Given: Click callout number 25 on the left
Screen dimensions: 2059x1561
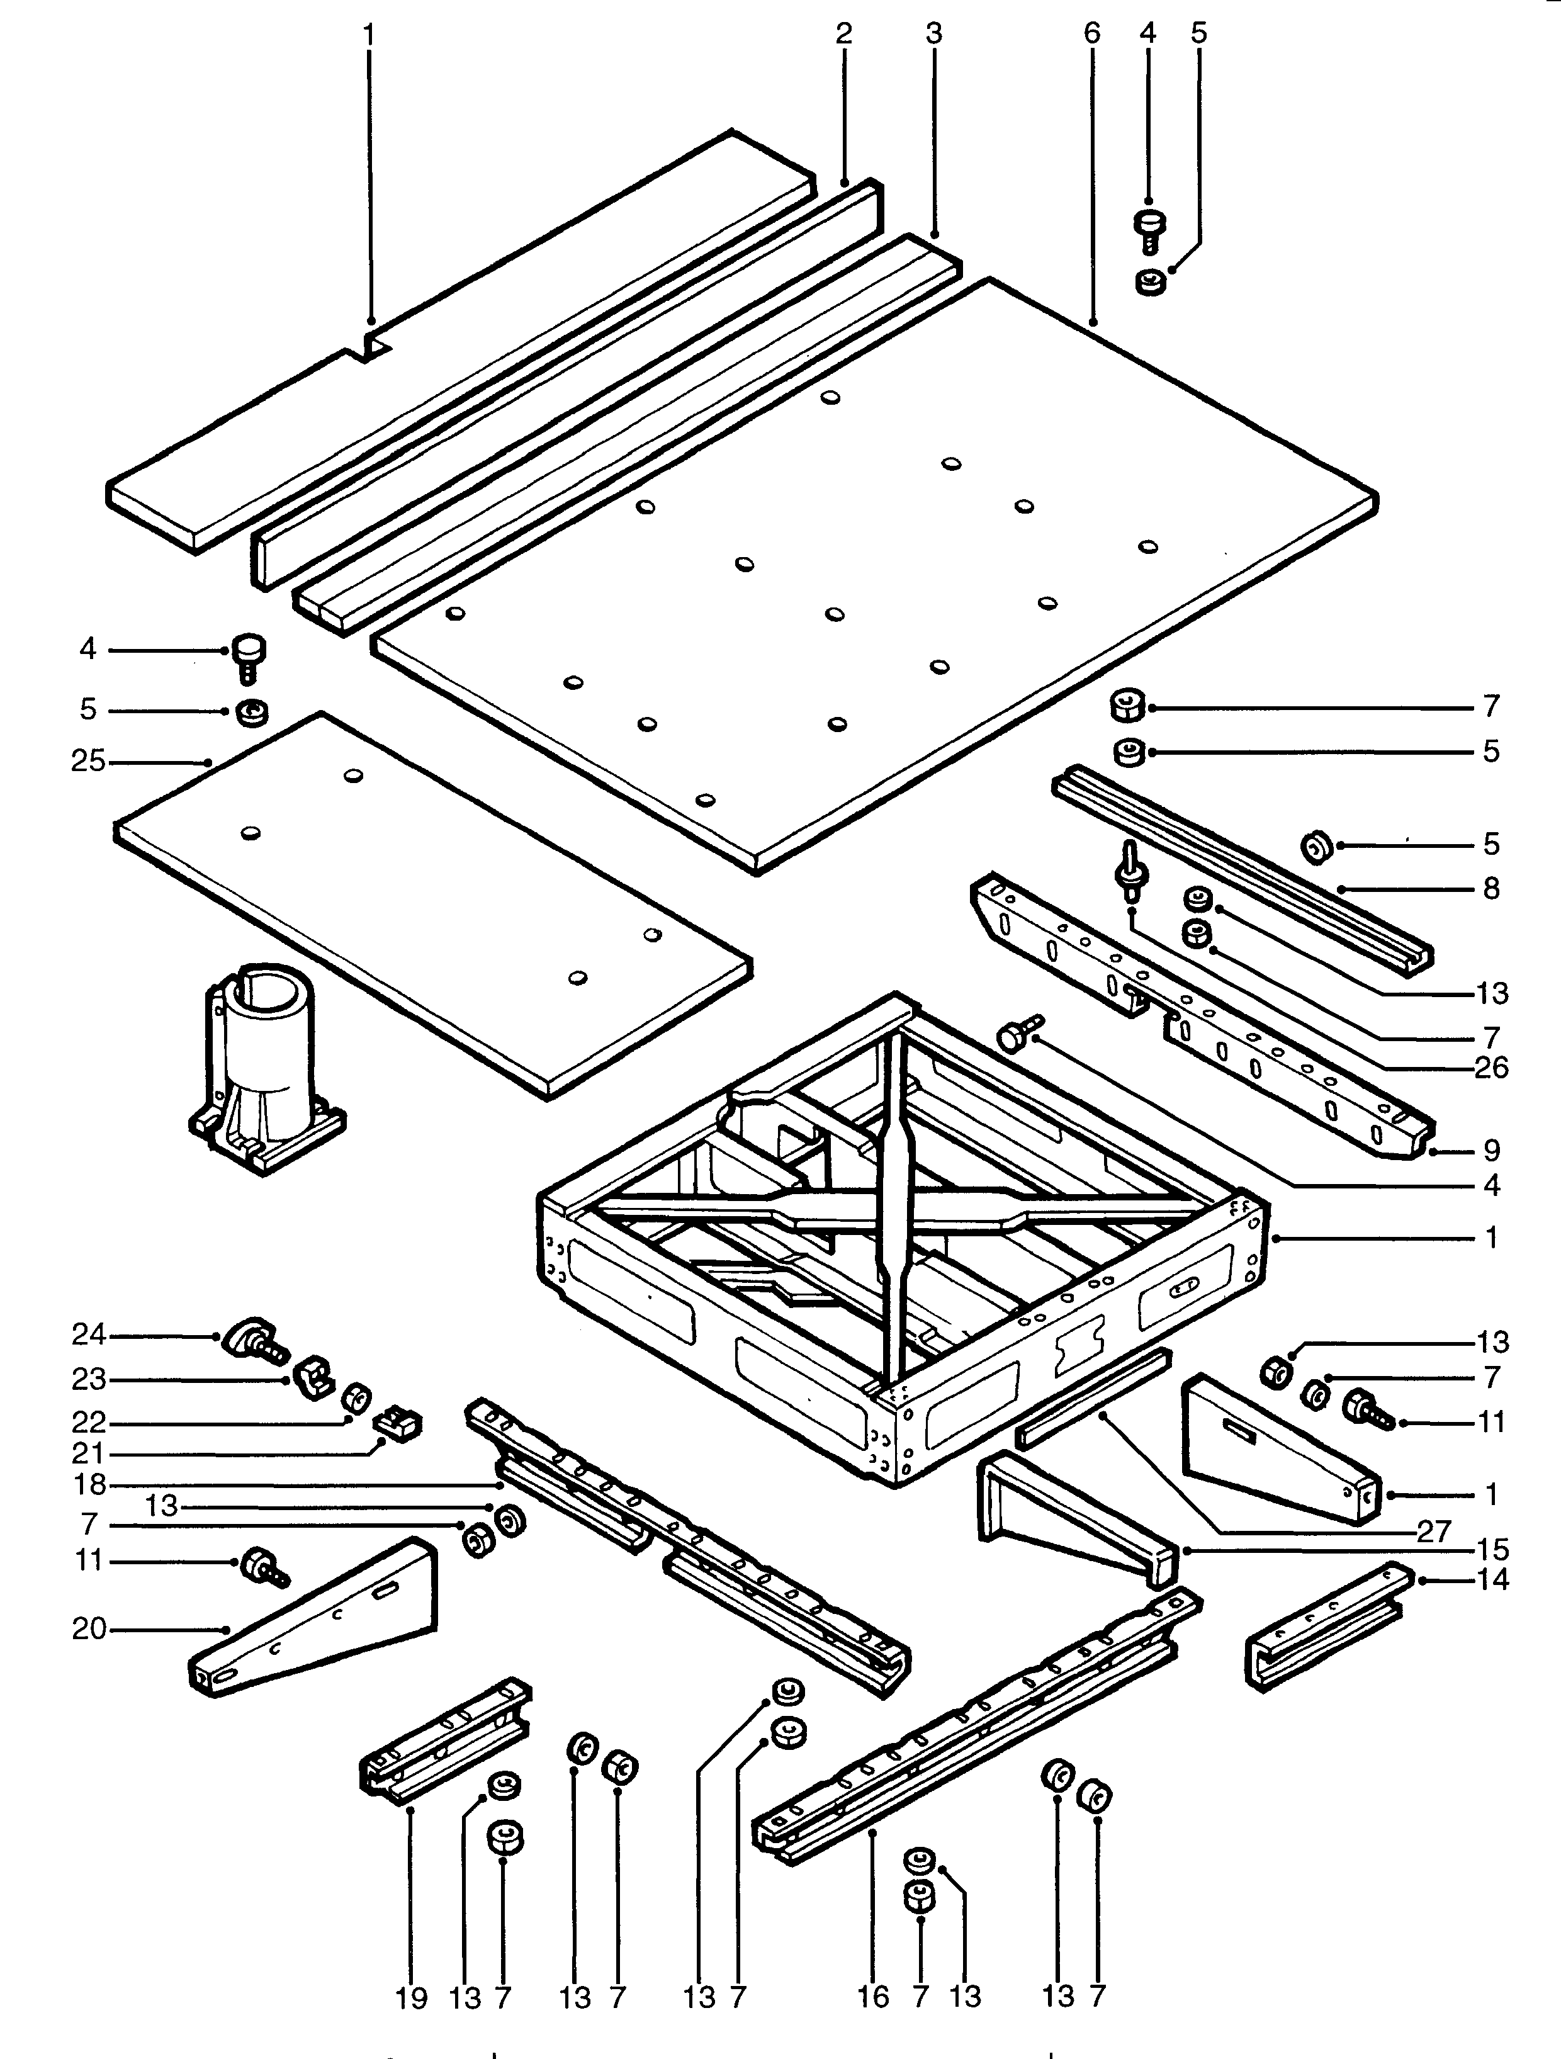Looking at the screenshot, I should [88, 762].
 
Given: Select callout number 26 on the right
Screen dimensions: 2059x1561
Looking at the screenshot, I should [1491, 1067].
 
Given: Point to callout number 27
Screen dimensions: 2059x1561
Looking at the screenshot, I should [1433, 1532].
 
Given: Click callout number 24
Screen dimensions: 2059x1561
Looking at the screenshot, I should [88, 1335].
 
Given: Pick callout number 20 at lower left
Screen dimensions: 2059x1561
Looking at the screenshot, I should [88, 1629].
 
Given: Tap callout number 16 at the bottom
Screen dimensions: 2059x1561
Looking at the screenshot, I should [872, 1995].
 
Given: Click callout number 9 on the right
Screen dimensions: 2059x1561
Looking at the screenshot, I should [1491, 1151].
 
